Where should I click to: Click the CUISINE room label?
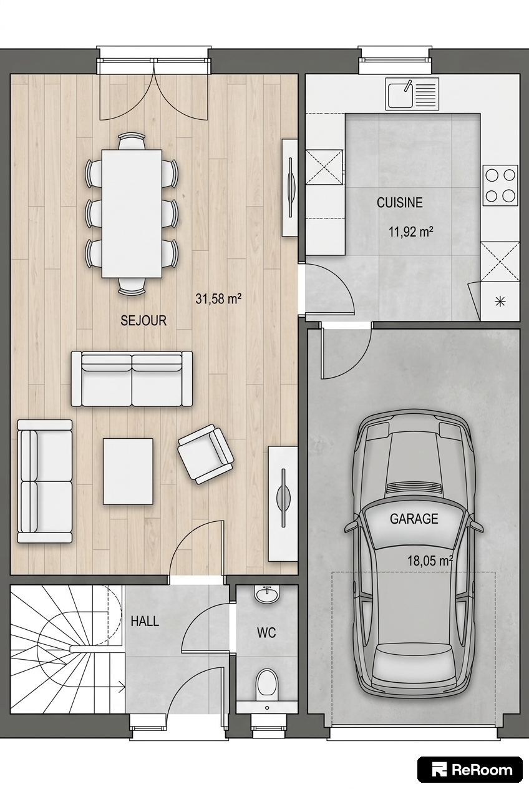point(399,202)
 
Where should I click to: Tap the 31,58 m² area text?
point(218,299)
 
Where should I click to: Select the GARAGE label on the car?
point(414,519)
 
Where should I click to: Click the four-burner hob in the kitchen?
point(500,185)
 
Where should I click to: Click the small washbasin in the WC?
point(267,595)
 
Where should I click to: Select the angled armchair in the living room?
point(205,454)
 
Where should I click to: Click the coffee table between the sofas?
point(128,471)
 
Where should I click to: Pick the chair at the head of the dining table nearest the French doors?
point(132,141)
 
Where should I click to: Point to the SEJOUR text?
point(143,321)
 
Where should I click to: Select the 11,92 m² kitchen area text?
point(410,232)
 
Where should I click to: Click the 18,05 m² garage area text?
point(430,561)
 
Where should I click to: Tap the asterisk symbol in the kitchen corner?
point(500,301)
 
